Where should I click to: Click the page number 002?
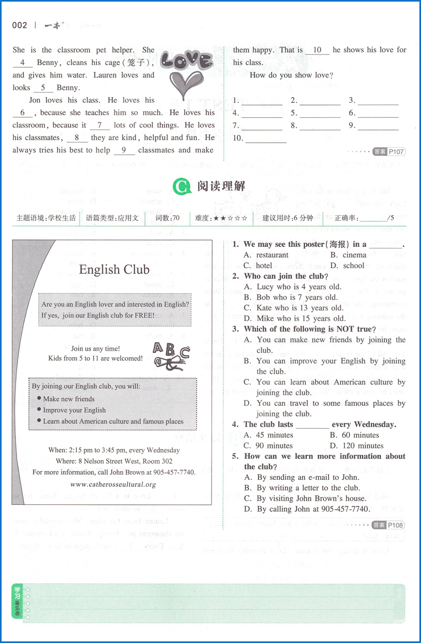[x=19, y=25]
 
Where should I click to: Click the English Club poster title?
[x=114, y=270]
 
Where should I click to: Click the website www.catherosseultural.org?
[x=113, y=484]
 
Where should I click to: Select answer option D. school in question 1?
[x=347, y=266]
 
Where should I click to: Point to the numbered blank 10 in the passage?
[x=317, y=50]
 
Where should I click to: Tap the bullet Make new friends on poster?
[x=69, y=399]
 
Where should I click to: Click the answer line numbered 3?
[x=378, y=101]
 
